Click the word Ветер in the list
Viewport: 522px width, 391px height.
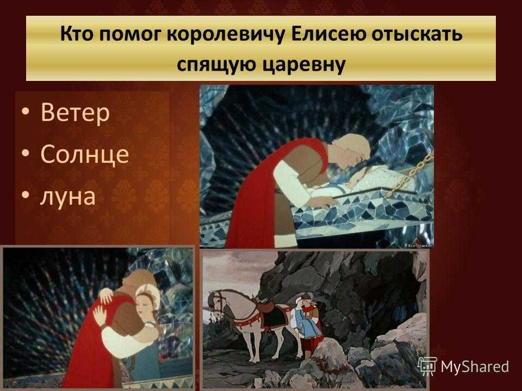[75, 113]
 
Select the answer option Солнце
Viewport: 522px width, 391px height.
[85, 154]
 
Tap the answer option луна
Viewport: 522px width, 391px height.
[68, 197]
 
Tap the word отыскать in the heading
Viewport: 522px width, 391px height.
[417, 35]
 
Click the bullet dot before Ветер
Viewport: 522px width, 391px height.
[26, 112]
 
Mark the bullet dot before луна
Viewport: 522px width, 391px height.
[26, 195]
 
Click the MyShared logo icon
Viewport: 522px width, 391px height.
[427, 367]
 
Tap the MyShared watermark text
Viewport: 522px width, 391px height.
[475, 367]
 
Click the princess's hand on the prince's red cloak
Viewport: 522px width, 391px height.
[100, 315]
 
